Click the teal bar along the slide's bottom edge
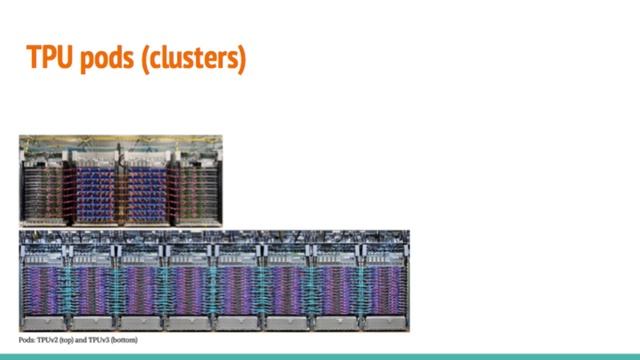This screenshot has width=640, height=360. coord(320,355)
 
